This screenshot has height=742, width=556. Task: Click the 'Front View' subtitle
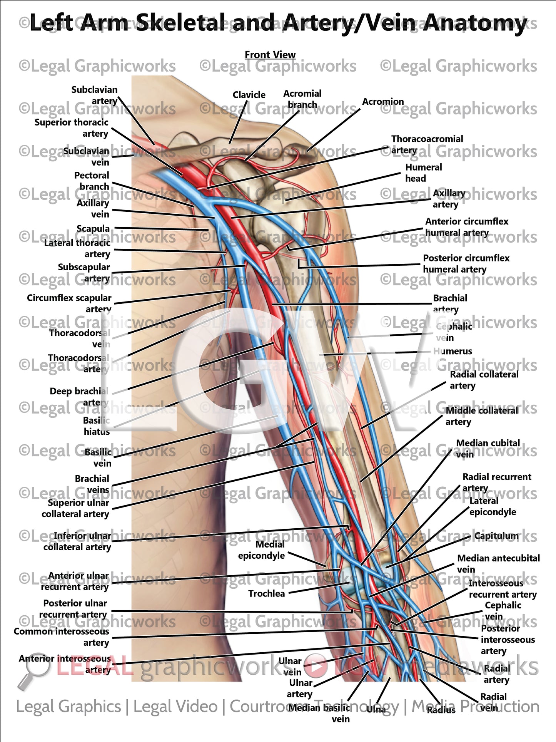click(270, 55)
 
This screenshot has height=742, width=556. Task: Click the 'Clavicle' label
click(249, 95)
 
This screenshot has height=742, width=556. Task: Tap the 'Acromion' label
click(383, 102)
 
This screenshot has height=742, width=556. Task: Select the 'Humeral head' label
click(423, 173)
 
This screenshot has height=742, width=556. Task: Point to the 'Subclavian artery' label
click(95, 95)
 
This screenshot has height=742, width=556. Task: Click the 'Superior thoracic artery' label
click(72, 128)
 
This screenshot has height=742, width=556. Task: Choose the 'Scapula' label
click(93, 229)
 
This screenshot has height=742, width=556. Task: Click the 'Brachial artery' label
click(450, 303)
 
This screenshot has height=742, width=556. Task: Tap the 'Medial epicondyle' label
click(262, 550)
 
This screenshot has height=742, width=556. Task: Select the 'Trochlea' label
click(266, 593)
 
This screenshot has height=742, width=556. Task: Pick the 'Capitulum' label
click(496, 536)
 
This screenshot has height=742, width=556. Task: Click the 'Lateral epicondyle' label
click(492, 506)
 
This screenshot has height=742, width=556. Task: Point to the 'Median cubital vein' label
click(488, 449)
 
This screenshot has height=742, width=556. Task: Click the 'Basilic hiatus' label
click(97, 426)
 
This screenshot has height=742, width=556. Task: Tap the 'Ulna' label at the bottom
click(376, 709)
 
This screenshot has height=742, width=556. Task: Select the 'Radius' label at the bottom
click(441, 710)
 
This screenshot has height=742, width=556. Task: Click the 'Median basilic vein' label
click(320, 713)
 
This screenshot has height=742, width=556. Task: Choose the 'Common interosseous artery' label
click(62, 637)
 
